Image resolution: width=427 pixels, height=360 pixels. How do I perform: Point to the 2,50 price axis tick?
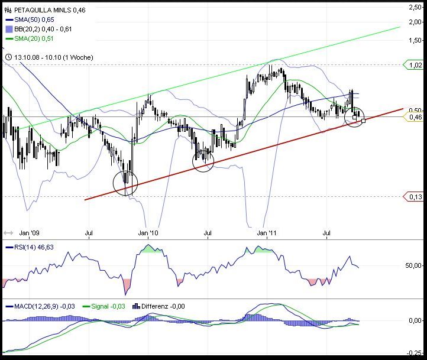tap(415, 7)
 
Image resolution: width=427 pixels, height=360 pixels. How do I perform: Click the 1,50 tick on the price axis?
tap(415, 41)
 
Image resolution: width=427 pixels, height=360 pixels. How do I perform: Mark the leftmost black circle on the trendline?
tap(125, 183)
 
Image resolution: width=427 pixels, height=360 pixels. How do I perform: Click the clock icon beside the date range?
tap(8, 57)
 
